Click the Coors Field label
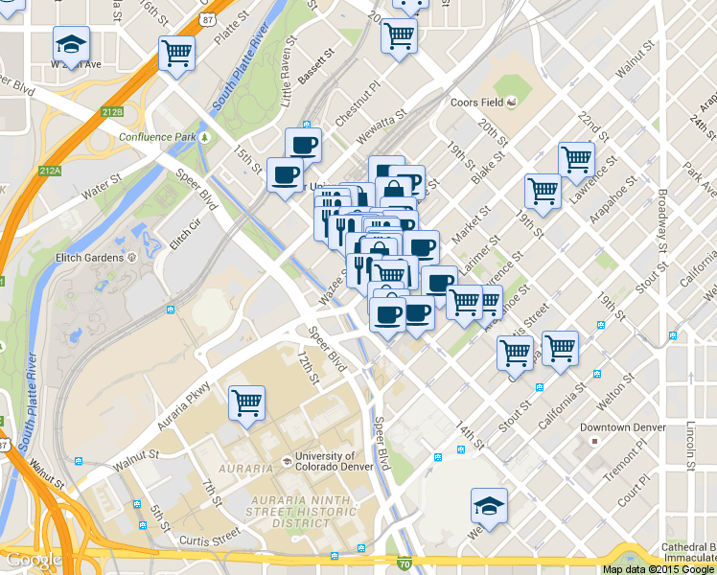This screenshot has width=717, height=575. point(477,103)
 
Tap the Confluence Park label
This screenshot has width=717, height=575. point(157,137)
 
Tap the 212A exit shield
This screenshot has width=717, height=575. point(50,172)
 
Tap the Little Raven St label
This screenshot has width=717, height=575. point(285,82)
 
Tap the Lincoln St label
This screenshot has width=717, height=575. point(690,447)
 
